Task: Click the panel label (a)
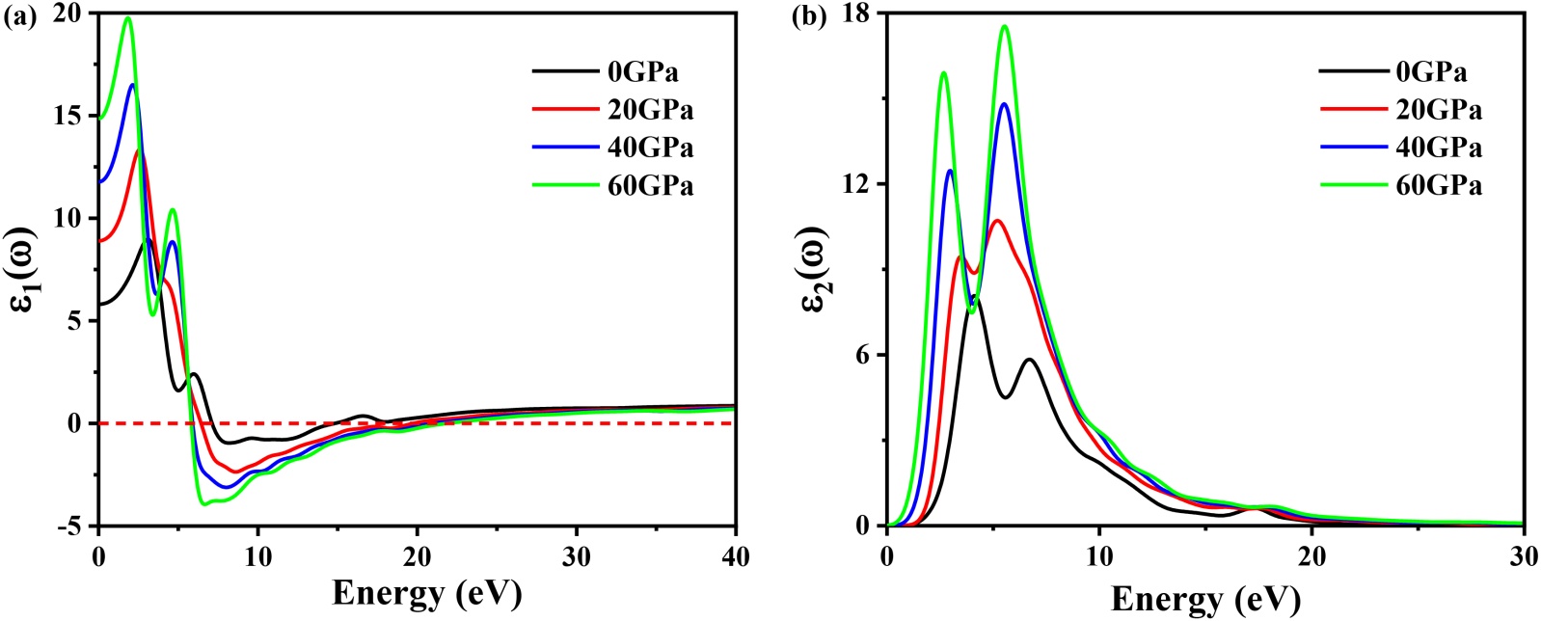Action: click(20, 17)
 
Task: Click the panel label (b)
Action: click(807, 17)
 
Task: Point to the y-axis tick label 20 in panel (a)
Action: click(68, 13)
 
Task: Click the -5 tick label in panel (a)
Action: click(68, 526)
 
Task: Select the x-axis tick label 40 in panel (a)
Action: click(735, 557)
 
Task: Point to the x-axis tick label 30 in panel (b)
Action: click(1523, 557)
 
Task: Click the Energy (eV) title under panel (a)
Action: click(426, 592)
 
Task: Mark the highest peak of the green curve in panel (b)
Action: click(1005, 26)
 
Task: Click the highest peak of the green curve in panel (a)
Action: click(127, 17)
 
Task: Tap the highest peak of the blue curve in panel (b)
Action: click(1004, 103)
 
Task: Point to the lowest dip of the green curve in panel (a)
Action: click(204, 503)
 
